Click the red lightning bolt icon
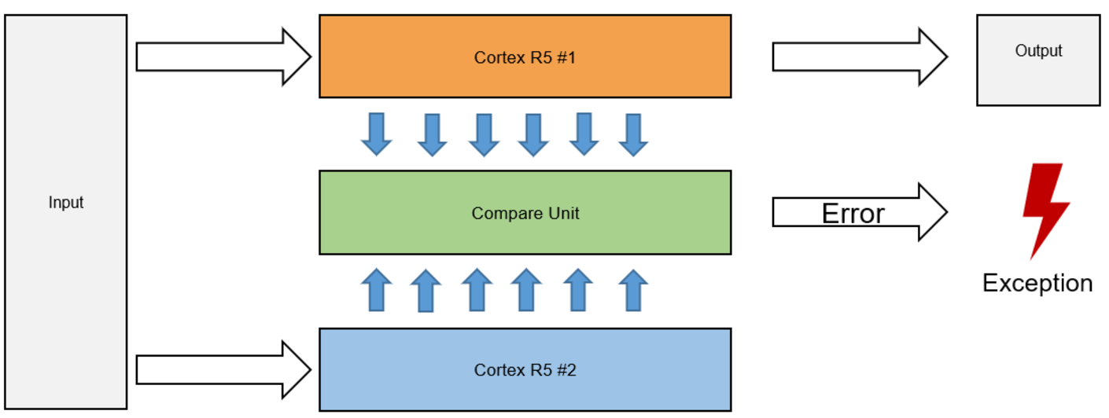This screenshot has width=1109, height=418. coord(1044,208)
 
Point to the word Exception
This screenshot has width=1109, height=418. coord(1037,283)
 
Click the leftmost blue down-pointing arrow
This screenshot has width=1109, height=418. coord(377,134)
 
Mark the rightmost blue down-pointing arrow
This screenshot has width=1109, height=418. coord(633,134)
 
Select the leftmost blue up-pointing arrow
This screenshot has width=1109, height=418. coord(377,290)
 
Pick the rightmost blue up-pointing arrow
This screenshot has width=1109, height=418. coord(632,290)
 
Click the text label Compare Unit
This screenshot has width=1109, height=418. coord(525,213)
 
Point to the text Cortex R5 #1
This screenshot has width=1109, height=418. coord(525,57)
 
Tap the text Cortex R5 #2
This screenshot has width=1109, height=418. coord(525,369)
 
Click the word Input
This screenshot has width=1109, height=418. coord(66,203)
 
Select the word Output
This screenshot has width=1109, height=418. coord(1038,50)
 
